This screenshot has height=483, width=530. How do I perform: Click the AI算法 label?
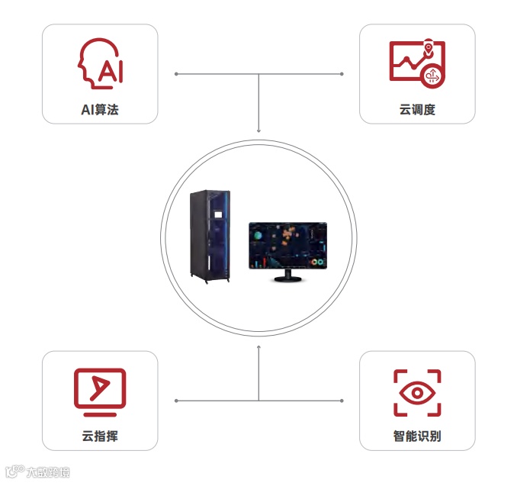(x=100, y=110)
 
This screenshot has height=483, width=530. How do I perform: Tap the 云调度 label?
(x=417, y=110)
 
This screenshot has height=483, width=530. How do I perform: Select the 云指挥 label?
(x=100, y=437)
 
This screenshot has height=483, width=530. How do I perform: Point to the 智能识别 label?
(x=417, y=437)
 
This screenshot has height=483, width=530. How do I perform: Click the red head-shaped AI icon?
(x=101, y=64)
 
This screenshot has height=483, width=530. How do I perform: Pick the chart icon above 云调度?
(x=416, y=63)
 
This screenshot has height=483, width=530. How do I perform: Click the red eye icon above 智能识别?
(x=417, y=393)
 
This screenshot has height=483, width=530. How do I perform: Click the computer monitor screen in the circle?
(x=288, y=246)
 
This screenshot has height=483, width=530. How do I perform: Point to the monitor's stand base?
(x=288, y=279)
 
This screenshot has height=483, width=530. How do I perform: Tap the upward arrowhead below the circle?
(x=259, y=347)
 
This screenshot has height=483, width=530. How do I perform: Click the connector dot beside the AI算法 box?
(x=176, y=74)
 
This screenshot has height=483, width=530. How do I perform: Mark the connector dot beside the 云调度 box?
(x=342, y=74)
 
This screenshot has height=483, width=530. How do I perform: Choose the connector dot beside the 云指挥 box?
(x=176, y=401)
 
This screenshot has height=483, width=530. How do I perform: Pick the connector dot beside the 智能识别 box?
(x=342, y=401)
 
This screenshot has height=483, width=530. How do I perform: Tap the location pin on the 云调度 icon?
(x=429, y=47)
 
